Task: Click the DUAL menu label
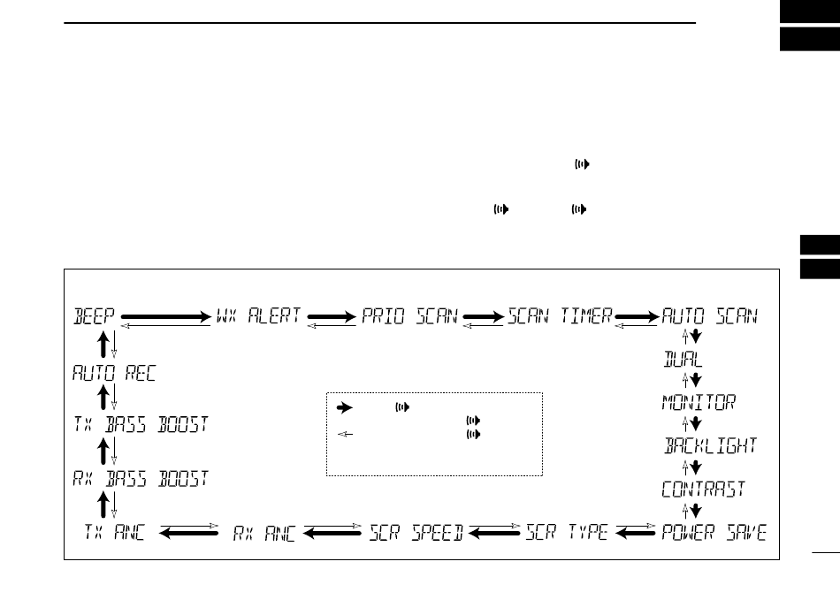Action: tap(683, 360)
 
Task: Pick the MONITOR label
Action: tap(699, 403)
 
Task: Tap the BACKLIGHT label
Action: tap(710, 446)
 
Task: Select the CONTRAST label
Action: tap(704, 490)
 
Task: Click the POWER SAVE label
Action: tap(714, 533)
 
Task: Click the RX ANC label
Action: tap(264, 533)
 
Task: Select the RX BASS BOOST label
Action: tap(140, 479)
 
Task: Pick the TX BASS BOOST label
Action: tap(140, 425)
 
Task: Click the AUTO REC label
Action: tap(114, 373)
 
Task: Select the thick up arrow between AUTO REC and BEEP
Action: tap(103, 345)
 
